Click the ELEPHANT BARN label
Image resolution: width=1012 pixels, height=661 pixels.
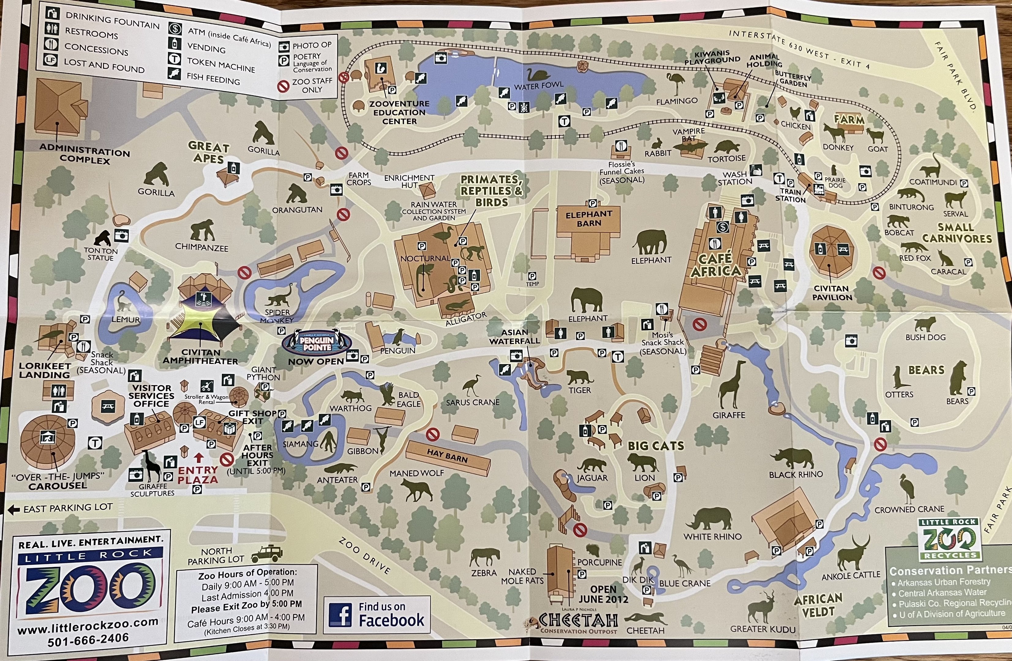[589, 218]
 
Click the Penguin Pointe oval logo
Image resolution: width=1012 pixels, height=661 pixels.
[317, 343]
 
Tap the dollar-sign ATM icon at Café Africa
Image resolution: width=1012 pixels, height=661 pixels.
[722, 227]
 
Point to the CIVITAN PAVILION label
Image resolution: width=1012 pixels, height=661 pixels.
[832, 293]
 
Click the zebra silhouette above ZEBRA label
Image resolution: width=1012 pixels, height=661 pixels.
[485, 556]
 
